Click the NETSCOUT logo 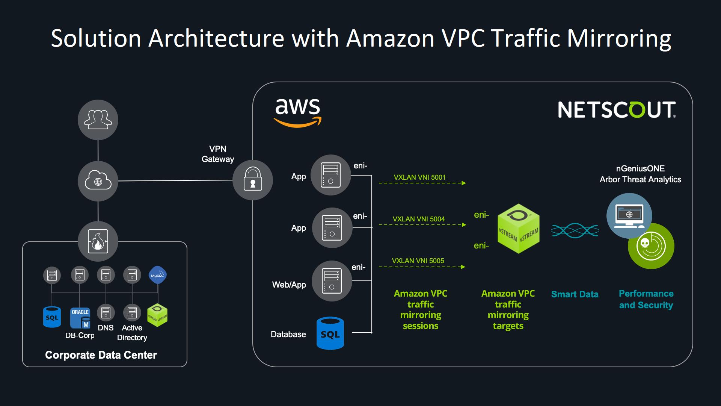click(617, 110)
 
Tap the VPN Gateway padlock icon click(253, 180)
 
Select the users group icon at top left click(98, 120)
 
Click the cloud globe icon click(98, 181)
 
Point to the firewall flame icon click(98, 241)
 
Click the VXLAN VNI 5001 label click(419, 177)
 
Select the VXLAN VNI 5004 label click(418, 219)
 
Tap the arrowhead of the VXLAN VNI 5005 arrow click(463, 267)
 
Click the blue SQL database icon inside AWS click(330, 333)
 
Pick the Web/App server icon click(332, 281)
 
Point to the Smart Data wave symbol click(575, 230)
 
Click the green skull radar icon click(651, 246)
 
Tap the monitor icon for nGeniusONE click(629, 215)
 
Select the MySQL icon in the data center click(157, 275)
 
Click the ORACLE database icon click(80, 318)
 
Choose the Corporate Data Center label click(101, 355)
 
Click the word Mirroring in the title click(619, 39)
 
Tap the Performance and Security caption click(646, 299)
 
